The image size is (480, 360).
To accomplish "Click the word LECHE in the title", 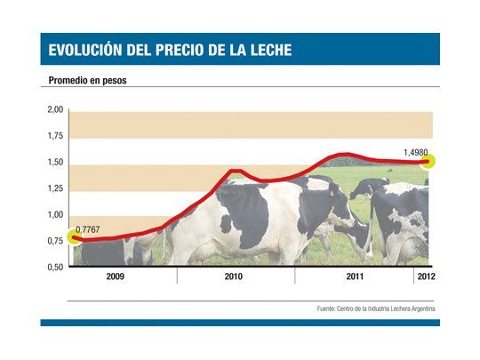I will coord(265,50).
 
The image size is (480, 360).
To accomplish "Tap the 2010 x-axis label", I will coord(234,277).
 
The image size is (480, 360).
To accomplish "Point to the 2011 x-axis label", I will coord(355,277).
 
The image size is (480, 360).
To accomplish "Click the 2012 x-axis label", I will coord(425,277).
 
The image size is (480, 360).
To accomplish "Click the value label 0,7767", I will coord(88,231).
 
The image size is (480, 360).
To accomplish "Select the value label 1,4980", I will coord(416,153).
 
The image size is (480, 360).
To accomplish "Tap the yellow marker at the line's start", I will coord(74,238).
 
